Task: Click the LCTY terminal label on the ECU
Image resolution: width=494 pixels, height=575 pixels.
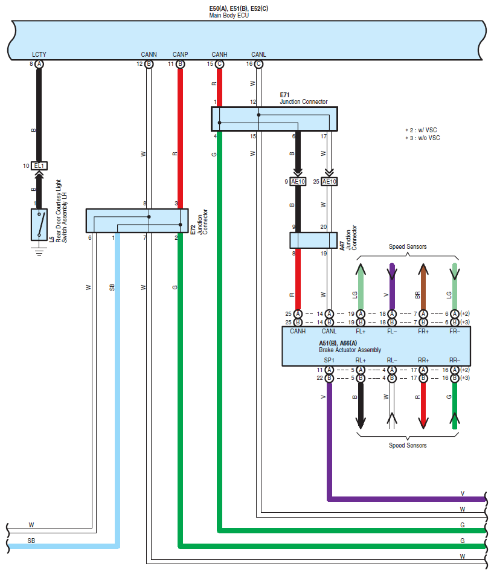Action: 39,54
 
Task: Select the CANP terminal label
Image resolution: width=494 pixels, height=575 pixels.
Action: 180,54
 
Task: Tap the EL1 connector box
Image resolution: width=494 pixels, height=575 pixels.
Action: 39,165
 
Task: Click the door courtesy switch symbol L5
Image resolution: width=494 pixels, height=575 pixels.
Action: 39,225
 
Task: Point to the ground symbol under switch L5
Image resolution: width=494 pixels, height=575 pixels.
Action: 39,251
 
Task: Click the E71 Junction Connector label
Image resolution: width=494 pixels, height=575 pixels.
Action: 303,98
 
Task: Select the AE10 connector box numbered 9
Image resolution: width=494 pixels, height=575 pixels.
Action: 298,182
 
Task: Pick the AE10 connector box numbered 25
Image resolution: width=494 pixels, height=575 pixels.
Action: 329,182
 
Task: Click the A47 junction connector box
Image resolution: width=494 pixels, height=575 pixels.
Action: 313,240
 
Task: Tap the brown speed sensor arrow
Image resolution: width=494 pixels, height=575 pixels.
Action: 423,286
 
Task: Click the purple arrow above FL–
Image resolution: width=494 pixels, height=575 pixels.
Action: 392,286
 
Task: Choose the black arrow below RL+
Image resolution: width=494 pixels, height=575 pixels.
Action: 361,405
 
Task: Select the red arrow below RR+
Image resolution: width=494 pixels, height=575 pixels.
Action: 423,405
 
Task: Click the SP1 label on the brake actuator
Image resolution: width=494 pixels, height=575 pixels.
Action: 329,360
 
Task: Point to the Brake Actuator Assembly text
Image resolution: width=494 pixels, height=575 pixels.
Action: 350,350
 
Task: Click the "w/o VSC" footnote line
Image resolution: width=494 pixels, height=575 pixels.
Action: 423,138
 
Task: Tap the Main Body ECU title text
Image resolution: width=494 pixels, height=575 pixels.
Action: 229,16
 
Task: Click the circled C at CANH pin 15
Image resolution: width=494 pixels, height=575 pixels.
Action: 219,64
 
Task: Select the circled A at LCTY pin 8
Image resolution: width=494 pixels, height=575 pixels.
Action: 39,64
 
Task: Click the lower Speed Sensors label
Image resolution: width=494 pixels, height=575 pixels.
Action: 408,445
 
